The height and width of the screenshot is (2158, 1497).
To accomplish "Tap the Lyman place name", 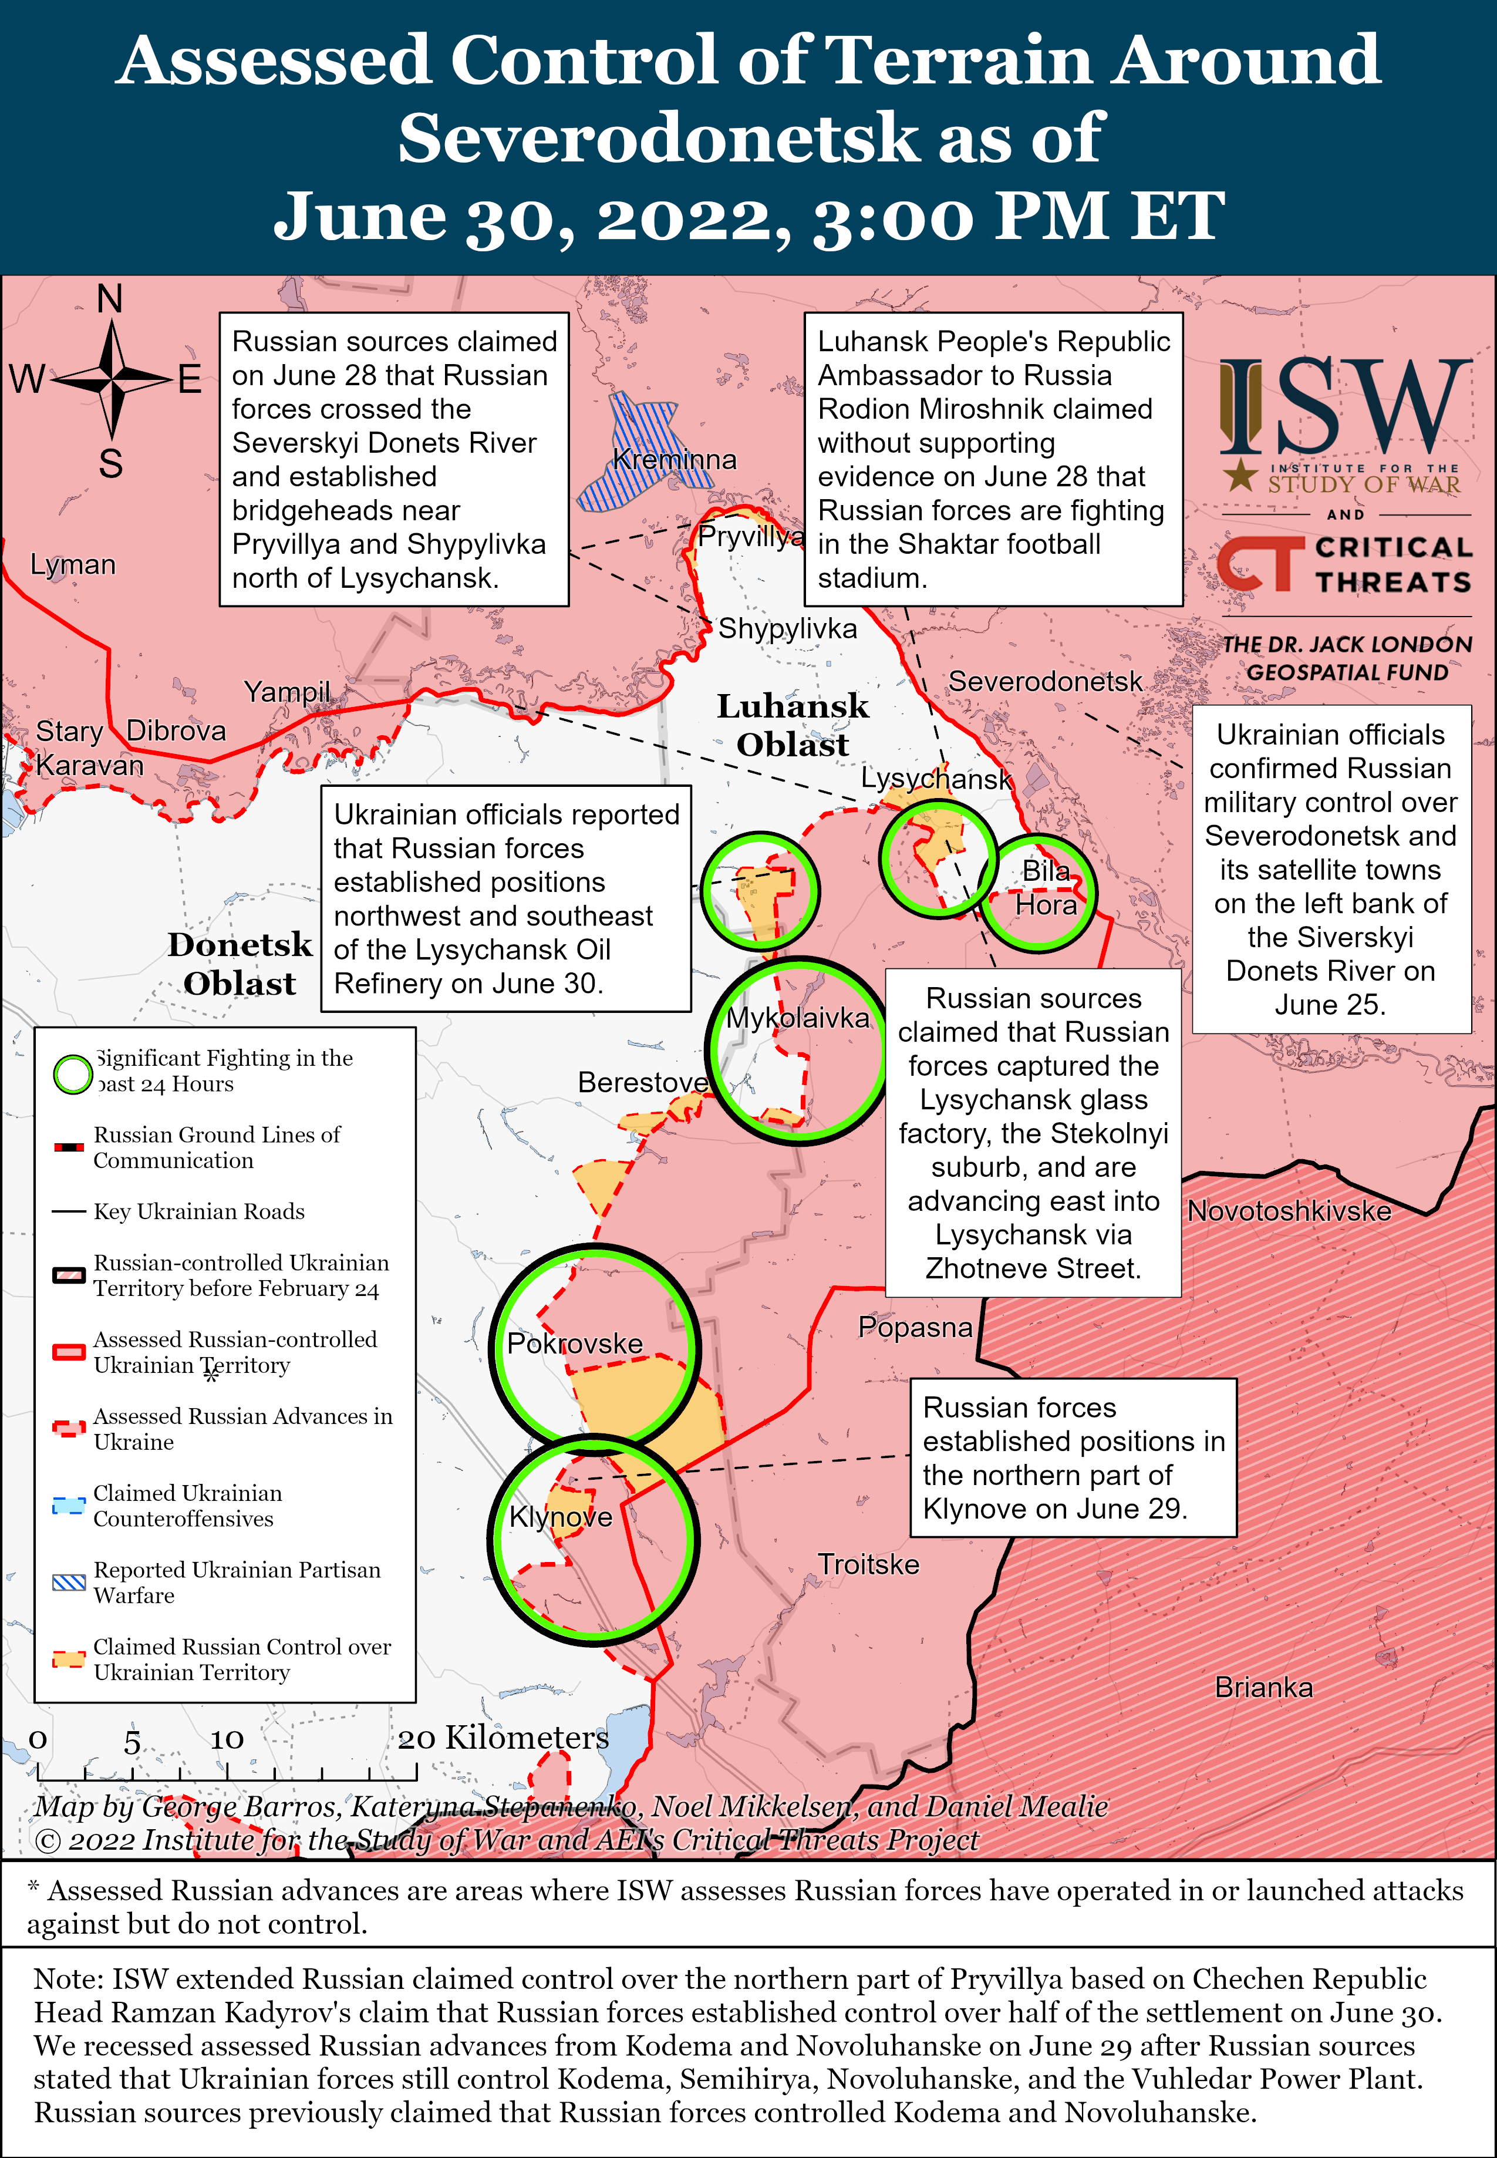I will coord(73,565).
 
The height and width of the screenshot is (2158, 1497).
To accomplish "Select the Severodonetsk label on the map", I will coord(1045,681).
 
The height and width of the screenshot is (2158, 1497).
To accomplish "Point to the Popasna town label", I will coord(915,1328).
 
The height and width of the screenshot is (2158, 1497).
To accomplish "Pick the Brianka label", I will coord(1263,1687).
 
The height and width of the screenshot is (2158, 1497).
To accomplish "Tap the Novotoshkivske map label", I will coord(1289,1211).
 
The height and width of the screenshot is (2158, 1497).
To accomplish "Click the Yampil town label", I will coord(287,692).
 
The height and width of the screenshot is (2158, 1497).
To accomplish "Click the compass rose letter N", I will coord(110,299).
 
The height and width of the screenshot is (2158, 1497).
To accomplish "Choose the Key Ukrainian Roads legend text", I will coord(199,1211).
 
